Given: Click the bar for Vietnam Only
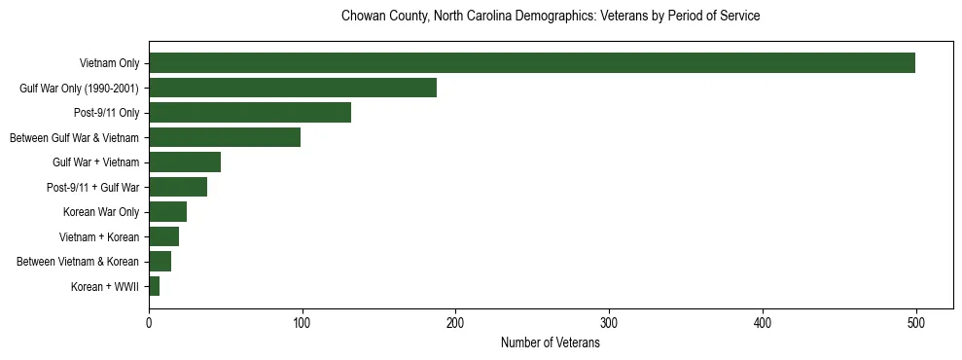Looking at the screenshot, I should [x=532, y=63].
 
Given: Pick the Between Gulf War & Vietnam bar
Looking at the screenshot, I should [x=225, y=137].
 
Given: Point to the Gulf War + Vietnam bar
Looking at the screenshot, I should [x=185, y=162].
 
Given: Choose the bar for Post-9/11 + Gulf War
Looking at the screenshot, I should [x=178, y=187].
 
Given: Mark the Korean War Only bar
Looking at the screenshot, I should [x=167, y=212].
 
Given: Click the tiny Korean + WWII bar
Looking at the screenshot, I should [x=154, y=286].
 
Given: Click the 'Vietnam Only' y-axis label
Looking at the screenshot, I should [x=109, y=64].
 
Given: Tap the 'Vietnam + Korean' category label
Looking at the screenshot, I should [x=102, y=236].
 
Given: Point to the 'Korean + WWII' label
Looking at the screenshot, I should [x=105, y=287].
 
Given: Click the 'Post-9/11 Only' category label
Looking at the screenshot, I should [x=107, y=113].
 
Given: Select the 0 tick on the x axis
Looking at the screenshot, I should [x=149, y=324].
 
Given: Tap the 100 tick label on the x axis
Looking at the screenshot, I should [x=303, y=324].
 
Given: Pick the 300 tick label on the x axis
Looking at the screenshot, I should [x=609, y=324].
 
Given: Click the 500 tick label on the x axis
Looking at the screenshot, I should [x=915, y=324].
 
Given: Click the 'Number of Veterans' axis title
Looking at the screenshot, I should [x=550, y=343].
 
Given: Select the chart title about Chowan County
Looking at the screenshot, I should [x=550, y=17].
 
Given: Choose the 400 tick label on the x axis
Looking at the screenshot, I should [x=763, y=324].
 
